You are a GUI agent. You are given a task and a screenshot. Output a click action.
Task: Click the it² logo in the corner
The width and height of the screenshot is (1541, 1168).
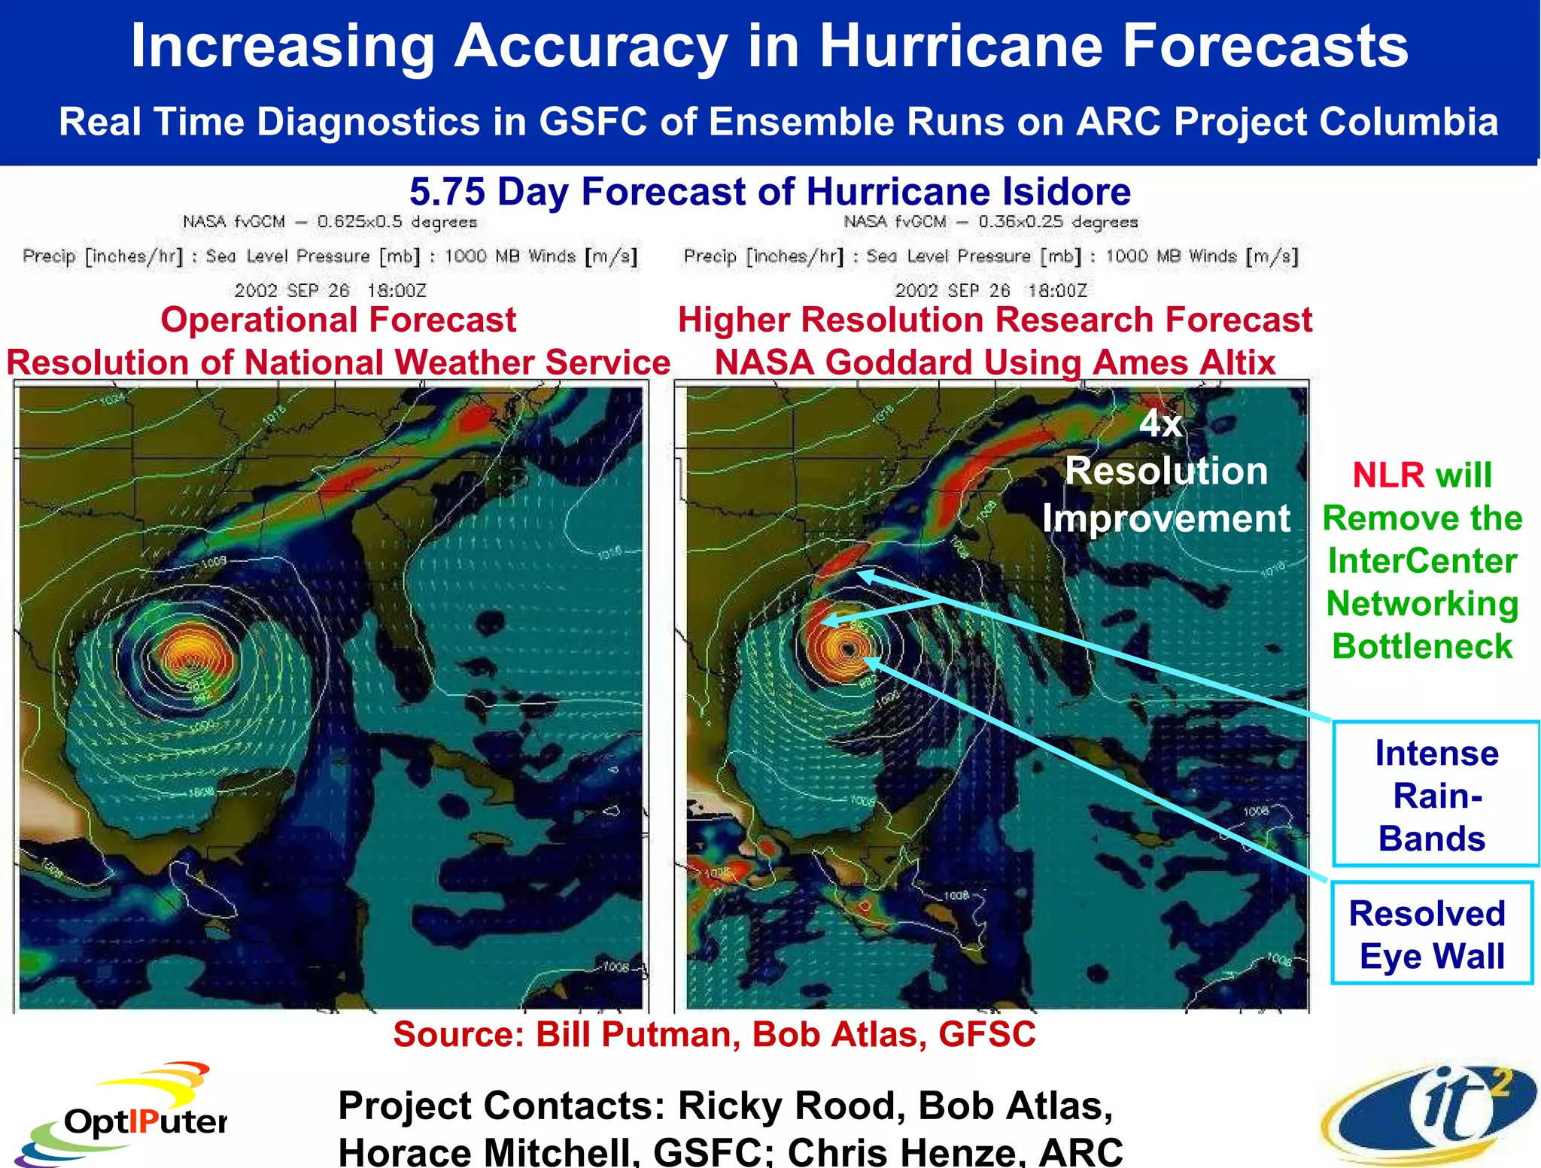coord(1430,1113)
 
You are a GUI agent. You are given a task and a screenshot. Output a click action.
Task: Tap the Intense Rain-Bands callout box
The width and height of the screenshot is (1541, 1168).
coord(1435,794)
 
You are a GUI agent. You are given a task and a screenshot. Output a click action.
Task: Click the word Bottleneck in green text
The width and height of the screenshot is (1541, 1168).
coord(1421,647)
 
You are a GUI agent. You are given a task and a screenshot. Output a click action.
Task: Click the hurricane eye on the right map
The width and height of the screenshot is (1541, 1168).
coord(849,648)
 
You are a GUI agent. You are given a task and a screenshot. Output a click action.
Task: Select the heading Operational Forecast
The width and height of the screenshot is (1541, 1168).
coord(338,320)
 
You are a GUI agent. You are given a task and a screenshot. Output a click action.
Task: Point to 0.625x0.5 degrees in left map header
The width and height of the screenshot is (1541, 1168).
coord(397,222)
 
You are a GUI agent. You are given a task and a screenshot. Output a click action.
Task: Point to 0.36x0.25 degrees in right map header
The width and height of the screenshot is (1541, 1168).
coord(1057,222)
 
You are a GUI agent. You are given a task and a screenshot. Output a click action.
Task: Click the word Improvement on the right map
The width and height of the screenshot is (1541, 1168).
coord(1166,519)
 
